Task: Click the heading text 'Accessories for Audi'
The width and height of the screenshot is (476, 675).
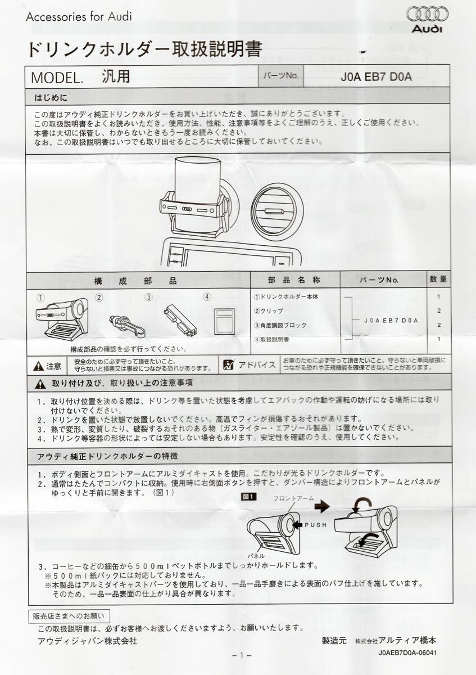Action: pos(79,16)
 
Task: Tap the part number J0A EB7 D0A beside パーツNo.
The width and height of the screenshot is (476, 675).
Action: pos(376,76)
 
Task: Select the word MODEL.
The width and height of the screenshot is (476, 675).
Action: pos(56,77)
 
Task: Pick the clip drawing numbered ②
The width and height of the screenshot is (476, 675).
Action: pos(126,325)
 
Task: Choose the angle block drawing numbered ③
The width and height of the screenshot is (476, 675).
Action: pos(180,319)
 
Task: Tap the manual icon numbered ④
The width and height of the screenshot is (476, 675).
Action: pos(224,321)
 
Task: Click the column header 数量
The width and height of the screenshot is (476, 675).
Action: pos(438,280)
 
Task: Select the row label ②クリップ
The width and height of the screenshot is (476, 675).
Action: pos(269,310)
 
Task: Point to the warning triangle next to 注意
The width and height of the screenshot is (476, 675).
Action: pos(38,366)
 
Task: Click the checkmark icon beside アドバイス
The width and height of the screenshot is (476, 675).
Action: pos(228,365)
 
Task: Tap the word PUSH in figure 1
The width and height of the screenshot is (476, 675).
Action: pos(315,525)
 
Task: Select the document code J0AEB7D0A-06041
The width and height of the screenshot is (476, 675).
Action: pos(407,653)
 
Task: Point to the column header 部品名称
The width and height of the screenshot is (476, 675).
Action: pos(294,280)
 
